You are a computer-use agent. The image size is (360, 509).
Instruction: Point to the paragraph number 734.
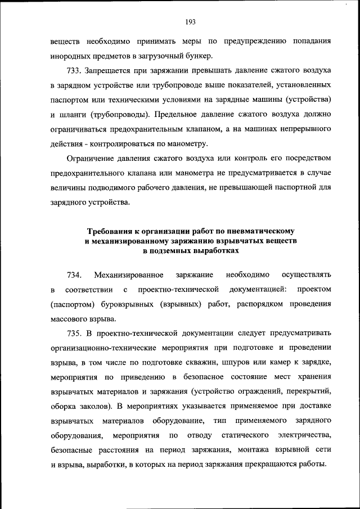click(x=75, y=274)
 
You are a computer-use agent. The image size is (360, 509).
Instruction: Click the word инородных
click(x=70, y=56)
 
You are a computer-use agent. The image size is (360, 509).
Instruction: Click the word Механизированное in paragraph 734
click(x=129, y=274)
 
